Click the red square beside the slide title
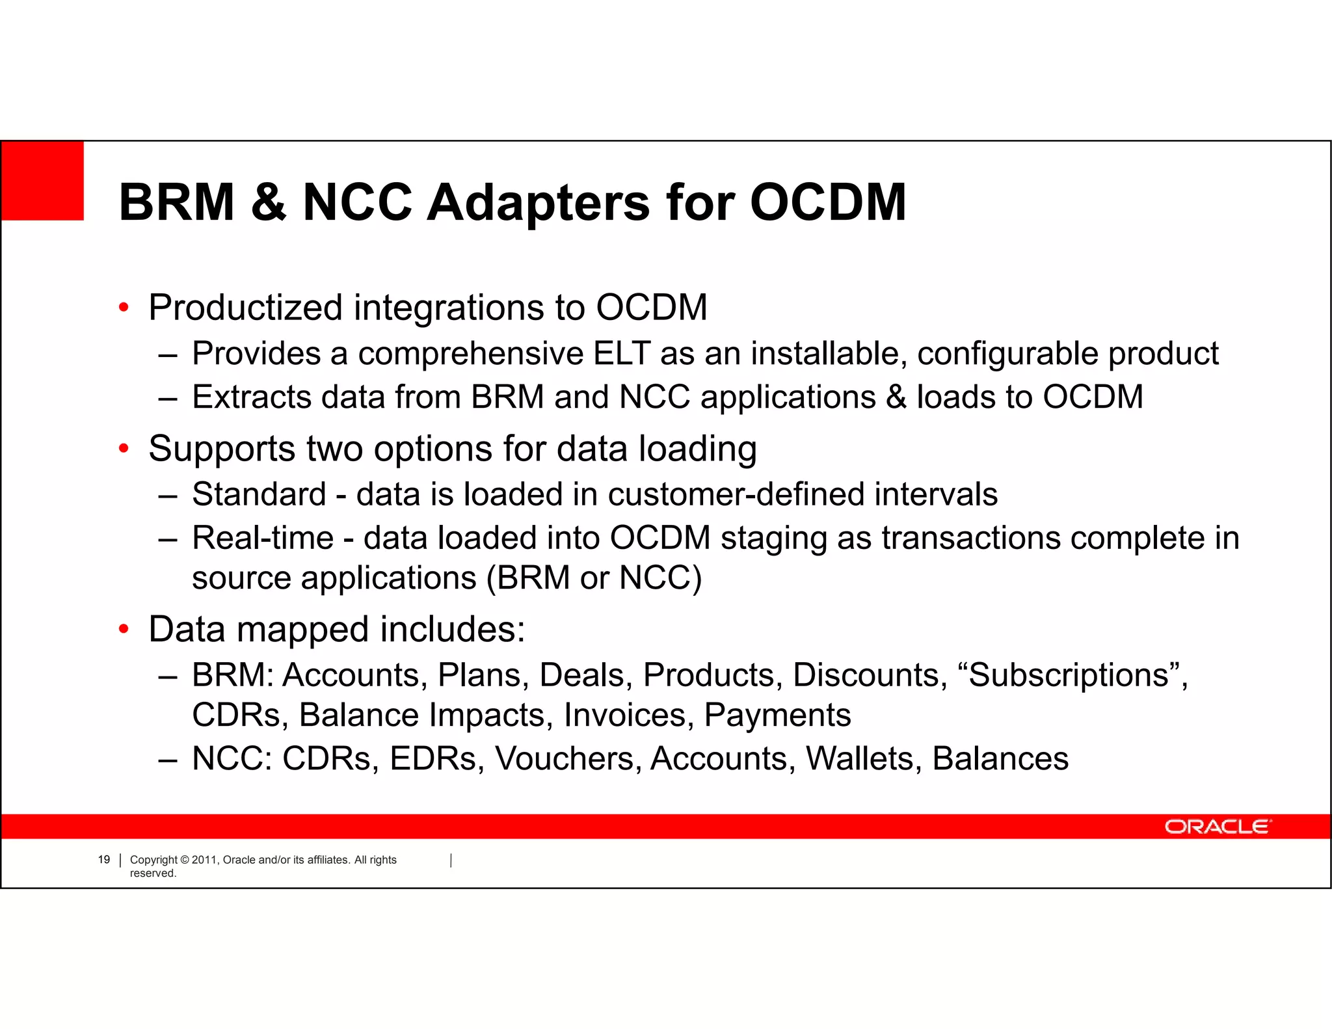click(x=42, y=180)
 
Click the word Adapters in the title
click(x=538, y=203)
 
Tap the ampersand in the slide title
click(x=268, y=202)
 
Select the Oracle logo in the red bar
click(x=1217, y=826)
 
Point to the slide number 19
click(x=104, y=860)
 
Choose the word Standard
click(x=259, y=494)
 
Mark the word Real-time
click(x=263, y=538)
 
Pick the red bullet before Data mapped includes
click(x=124, y=630)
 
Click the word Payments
click(x=777, y=715)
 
